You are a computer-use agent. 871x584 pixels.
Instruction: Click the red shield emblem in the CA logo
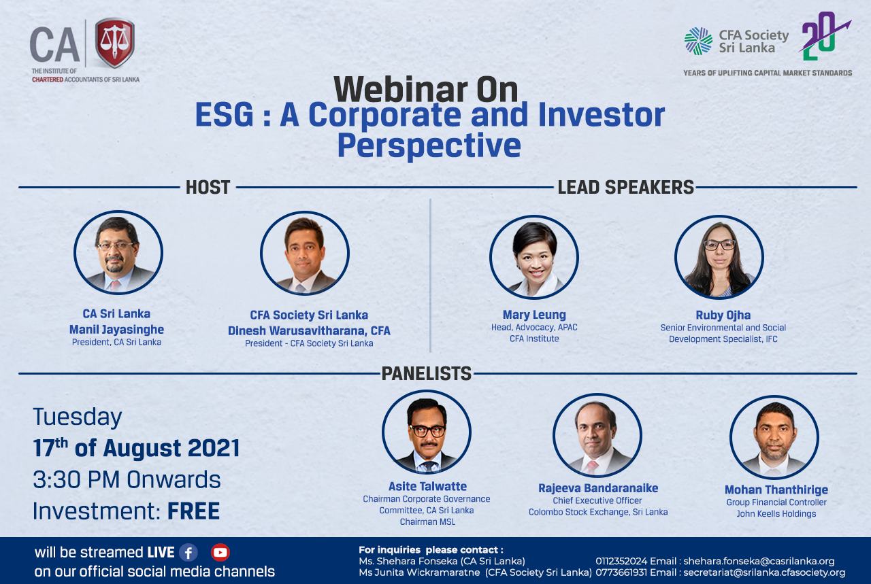(x=115, y=42)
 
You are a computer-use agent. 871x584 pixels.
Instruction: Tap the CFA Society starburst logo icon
(x=698, y=41)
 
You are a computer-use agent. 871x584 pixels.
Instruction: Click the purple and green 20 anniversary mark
(x=823, y=36)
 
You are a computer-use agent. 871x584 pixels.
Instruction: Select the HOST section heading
(x=208, y=187)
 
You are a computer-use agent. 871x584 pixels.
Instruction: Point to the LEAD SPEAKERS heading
(x=625, y=187)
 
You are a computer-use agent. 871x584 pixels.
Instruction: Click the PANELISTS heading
(x=426, y=373)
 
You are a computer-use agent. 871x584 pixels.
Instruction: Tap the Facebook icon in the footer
(x=188, y=553)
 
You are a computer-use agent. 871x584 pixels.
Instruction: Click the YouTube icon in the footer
(x=220, y=553)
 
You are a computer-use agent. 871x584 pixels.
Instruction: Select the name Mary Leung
(x=534, y=315)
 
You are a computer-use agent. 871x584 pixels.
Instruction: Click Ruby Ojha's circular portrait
(x=719, y=257)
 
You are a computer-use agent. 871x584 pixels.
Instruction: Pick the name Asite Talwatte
(x=427, y=487)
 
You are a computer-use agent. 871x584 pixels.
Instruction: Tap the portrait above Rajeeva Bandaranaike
(x=597, y=435)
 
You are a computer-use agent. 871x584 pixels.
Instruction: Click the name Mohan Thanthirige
(x=776, y=490)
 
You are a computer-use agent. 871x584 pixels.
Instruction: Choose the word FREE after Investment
(x=193, y=511)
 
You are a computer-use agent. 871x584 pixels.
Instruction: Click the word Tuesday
(x=78, y=417)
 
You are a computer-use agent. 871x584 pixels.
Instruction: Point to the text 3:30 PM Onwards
(x=127, y=479)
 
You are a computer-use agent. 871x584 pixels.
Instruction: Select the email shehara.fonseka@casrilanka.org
(x=759, y=561)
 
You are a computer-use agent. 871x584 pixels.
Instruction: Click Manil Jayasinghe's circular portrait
(x=118, y=252)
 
